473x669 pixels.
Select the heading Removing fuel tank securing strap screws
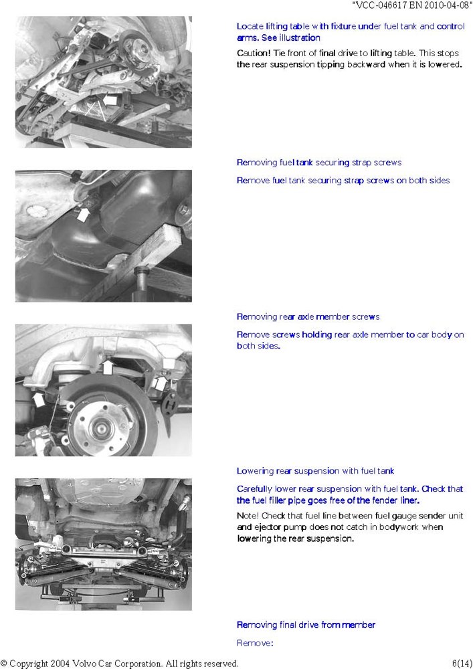pos(319,163)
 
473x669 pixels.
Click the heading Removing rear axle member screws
pos(308,316)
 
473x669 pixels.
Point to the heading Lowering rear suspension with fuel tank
pos(315,471)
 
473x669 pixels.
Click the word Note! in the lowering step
pos(248,516)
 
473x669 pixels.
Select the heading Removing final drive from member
pos(306,625)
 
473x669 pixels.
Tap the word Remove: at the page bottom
pos(255,643)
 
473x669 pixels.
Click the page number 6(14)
pos(462,664)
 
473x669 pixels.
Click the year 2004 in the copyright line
pos(61,664)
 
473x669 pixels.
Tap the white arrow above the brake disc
pos(108,367)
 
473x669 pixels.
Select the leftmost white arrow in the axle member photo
pos(39,400)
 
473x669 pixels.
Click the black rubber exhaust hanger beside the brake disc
pos(170,405)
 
